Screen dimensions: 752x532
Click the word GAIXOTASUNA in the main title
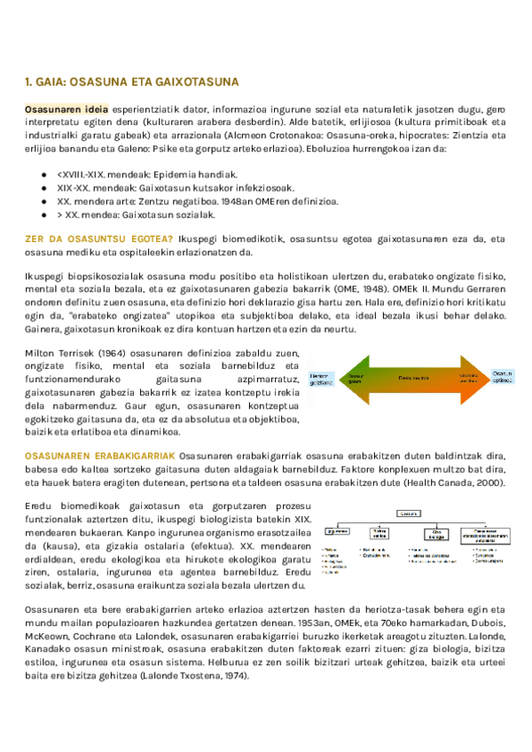click(195, 82)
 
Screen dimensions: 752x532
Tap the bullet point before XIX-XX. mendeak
click(44, 188)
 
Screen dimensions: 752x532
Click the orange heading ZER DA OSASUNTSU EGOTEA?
click(98, 239)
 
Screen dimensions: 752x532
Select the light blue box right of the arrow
click(503, 377)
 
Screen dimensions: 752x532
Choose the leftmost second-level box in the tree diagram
click(337, 532)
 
